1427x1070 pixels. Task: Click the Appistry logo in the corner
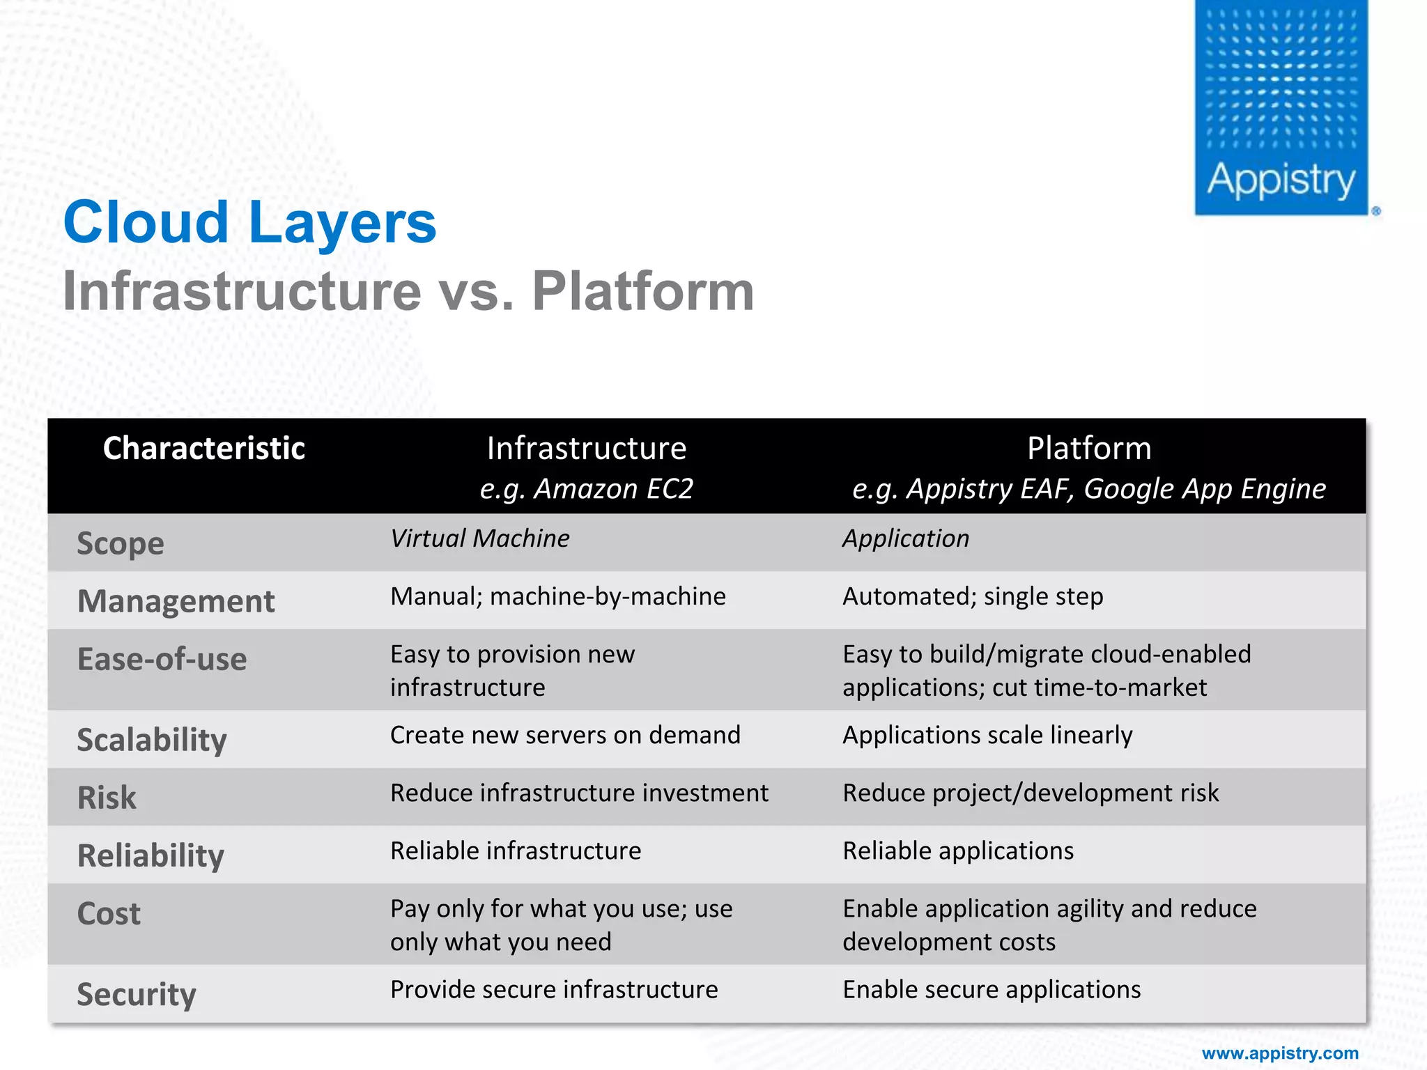click(1281, 108)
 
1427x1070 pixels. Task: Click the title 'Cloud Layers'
click(249, 222)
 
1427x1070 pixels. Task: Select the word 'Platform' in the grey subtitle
click(642, 291)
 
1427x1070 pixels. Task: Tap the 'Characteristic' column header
click(203, 448)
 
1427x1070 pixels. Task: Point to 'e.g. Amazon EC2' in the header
click(586, 489)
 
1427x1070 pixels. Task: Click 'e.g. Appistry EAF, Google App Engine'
click(1088, 489)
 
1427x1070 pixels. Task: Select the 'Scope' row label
click(121, 543)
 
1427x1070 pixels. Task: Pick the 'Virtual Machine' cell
click(479, 538)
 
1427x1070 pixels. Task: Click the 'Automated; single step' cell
click(973, 596)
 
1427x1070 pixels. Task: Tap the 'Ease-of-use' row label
click(162, 659)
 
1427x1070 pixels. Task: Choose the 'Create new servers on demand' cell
click(565, 735)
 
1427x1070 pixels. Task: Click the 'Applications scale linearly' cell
click(987, 735)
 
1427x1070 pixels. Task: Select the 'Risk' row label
click(107, 798)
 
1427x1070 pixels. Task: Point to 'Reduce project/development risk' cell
click(1031, 793)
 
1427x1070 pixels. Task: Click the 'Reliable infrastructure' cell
click(516, 851)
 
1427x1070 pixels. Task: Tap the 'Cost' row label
click(109, 913)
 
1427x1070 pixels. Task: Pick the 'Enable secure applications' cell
click(992, 989)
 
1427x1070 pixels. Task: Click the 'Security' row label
click(137, 994)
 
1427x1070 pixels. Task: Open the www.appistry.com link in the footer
click(1280, 1053)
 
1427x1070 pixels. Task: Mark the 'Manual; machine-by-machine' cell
click(557, 596)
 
